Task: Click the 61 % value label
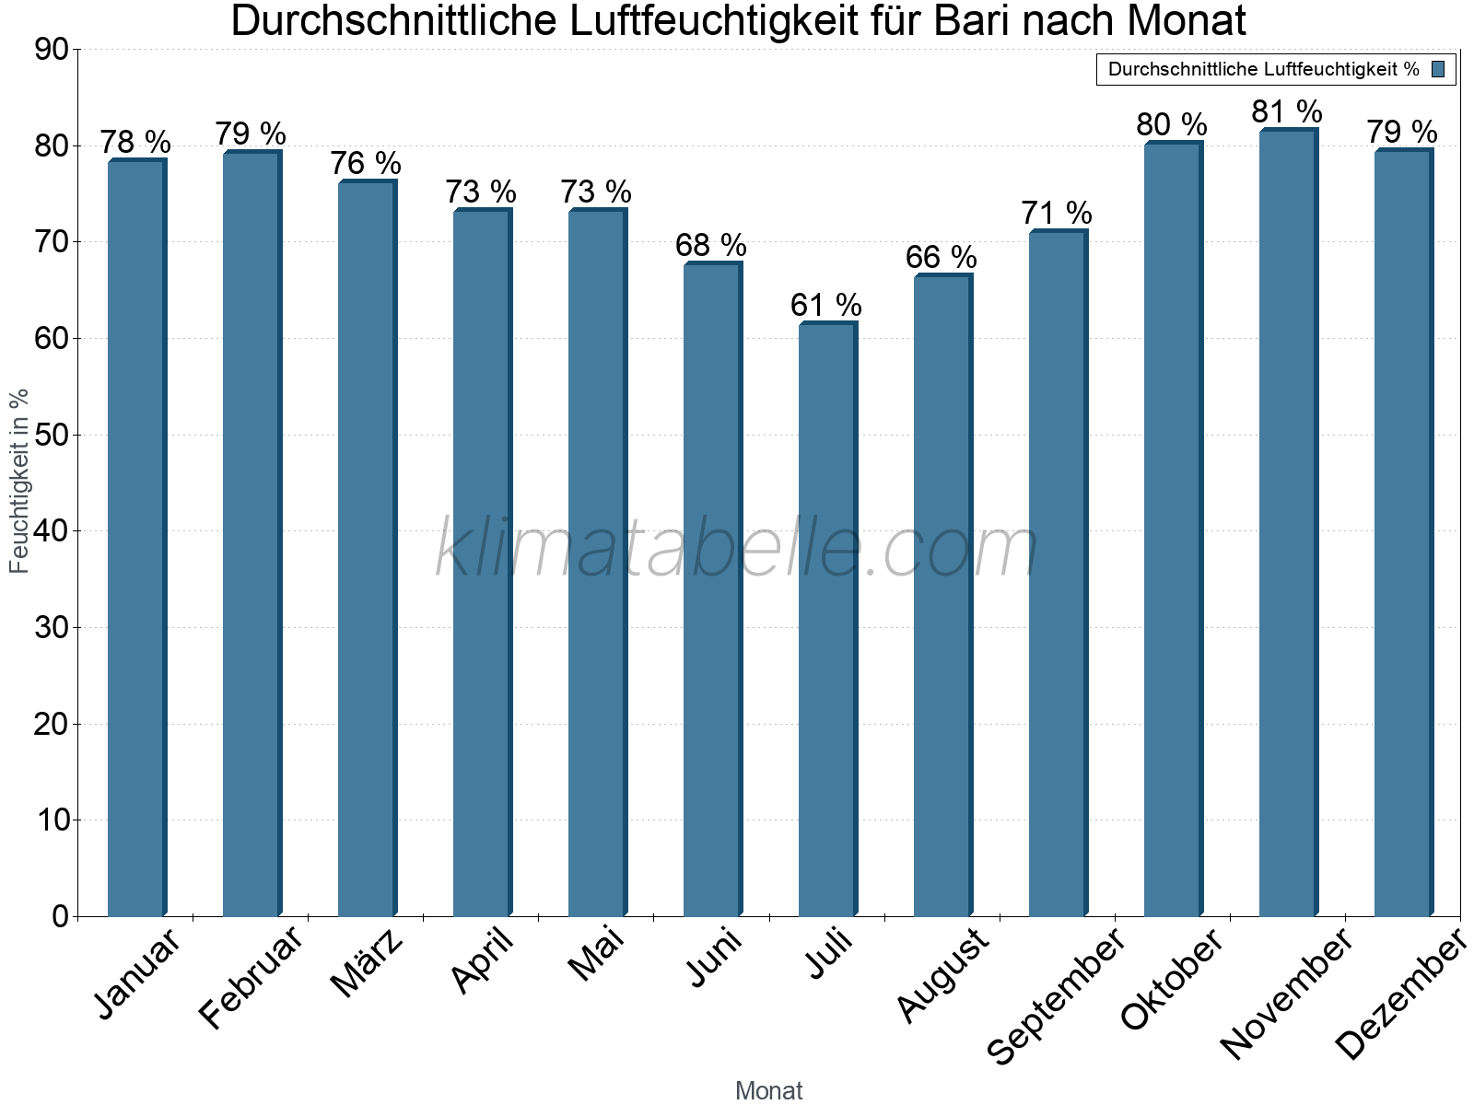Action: click(x=825, y=305)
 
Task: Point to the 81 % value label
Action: click(x=1286, y=112)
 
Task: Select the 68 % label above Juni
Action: click(x=710, y=246)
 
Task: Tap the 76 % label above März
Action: click(x=366, y=164)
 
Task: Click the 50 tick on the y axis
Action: click(x=52, y=435)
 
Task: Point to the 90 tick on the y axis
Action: click(x=52, y=50)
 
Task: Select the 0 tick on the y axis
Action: click(x=61, y=916)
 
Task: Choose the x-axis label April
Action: click(x=482, y=962)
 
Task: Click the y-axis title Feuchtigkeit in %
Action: click(x=19, y=481)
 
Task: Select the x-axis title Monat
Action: click(x=768, y=1091)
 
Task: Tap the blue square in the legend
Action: click(x=1438, y=69)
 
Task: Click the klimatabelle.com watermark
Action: click(x=737, y=550)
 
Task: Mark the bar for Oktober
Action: click(x=1172, y=529)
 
